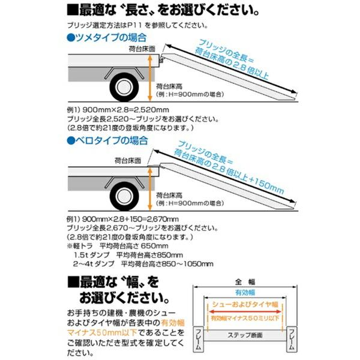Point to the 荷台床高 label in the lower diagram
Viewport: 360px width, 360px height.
coord(166,196)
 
